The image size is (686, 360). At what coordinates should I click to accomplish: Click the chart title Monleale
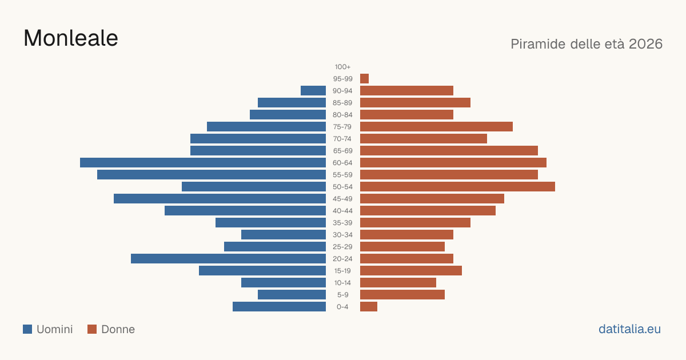coord(71,38)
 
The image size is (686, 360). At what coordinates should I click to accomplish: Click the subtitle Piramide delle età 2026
coord(587,44)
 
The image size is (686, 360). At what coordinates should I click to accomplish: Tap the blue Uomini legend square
coord(27,329)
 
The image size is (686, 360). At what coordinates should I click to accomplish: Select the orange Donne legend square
coord(92,329)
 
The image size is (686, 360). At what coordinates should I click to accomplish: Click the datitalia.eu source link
coord(629,329)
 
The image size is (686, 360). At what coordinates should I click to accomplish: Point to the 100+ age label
coord(342,67)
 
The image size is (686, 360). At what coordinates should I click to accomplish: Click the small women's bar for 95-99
coord(365,79)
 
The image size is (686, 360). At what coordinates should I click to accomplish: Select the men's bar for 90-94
coord(313,91)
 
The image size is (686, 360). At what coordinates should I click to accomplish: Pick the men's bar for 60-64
coord(203,162)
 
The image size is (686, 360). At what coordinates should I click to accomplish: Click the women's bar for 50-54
coord(457,187)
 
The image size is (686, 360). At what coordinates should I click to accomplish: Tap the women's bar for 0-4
coord(369,307)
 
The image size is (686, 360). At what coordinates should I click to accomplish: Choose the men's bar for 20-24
coord(229,259)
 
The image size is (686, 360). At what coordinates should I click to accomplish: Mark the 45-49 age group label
coord(342,199)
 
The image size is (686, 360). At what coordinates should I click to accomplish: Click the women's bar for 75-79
coord(436,127)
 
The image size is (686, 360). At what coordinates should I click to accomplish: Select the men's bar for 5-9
coord(292,295)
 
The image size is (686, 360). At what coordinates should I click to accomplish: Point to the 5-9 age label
coord(342,295)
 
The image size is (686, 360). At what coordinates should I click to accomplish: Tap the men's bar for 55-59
coord(212,175)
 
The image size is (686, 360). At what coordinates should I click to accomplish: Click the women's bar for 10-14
coord(398,282)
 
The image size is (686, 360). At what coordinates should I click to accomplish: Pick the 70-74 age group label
coord(342,139)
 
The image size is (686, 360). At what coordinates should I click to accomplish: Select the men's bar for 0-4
coord(280,307)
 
